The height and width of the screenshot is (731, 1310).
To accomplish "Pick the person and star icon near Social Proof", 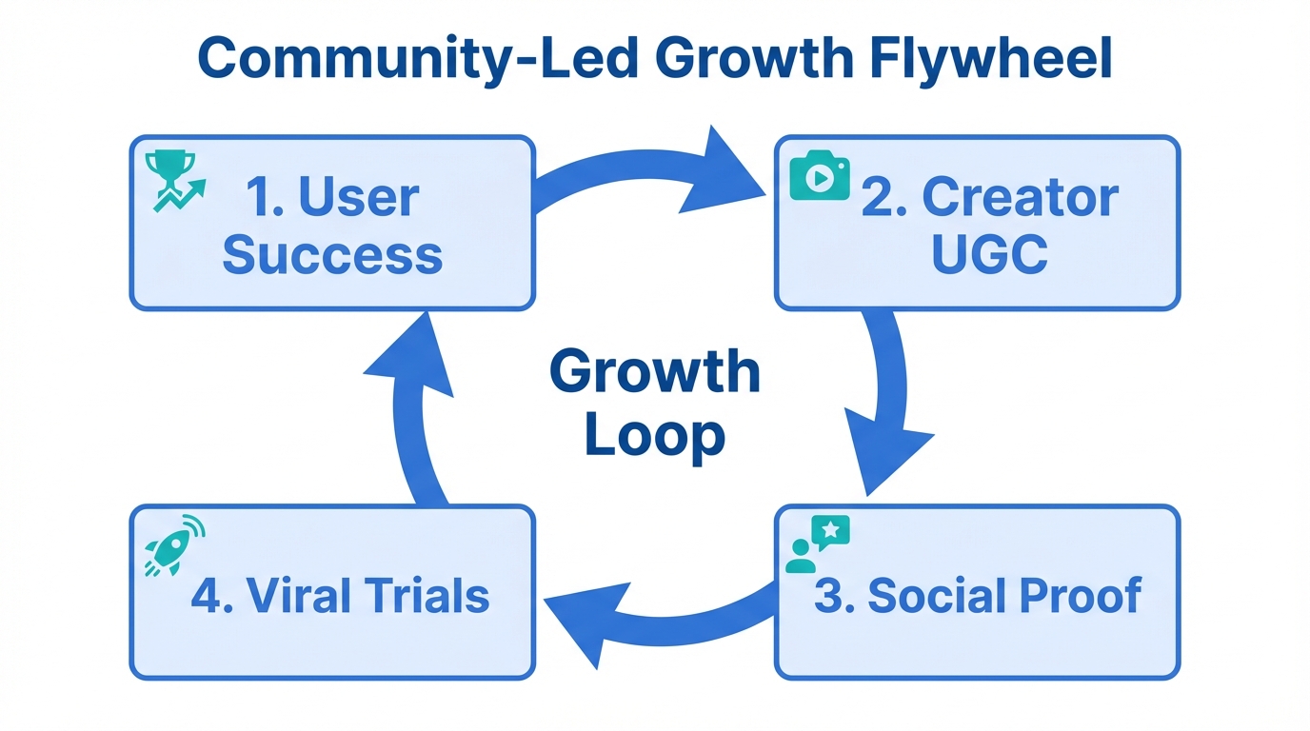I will [817, 544].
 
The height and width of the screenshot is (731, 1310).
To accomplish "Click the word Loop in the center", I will [655, 435].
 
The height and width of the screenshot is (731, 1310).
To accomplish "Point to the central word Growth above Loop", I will [655, 371].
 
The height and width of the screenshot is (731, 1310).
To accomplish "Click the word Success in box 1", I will [332, 254].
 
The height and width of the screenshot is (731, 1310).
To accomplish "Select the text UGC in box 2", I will [989, 254].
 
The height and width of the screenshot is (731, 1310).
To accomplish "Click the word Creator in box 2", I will [1021, 197].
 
